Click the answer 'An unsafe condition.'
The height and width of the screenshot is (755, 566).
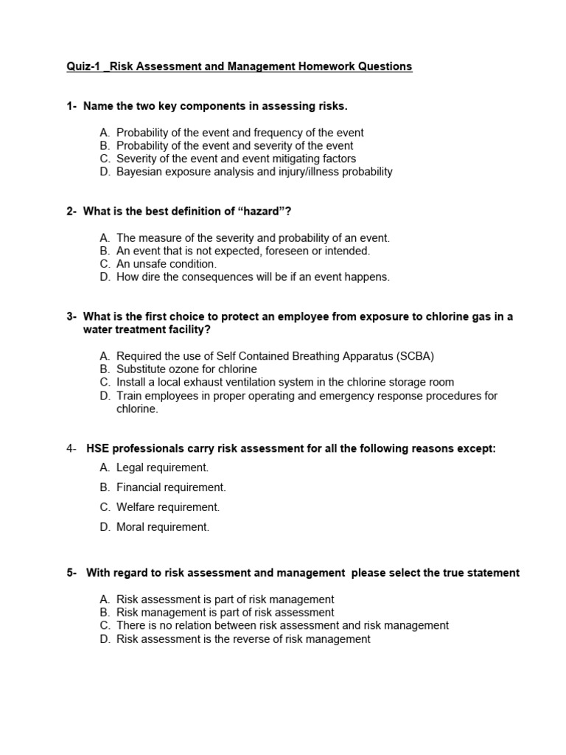[167, 264]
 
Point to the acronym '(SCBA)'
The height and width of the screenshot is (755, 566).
[416, 356]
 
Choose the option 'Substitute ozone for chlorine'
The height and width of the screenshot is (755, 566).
[186, 369]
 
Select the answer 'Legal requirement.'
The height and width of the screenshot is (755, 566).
[162, 467]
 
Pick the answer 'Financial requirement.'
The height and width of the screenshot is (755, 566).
[171, 487]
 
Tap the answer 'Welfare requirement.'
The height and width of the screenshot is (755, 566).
[168, 507]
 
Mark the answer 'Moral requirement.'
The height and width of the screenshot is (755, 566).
[163, 527]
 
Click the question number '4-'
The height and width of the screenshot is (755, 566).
[71, 448]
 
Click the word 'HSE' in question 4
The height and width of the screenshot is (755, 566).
[99, 448]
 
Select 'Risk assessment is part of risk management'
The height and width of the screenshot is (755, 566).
[225, 599]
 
